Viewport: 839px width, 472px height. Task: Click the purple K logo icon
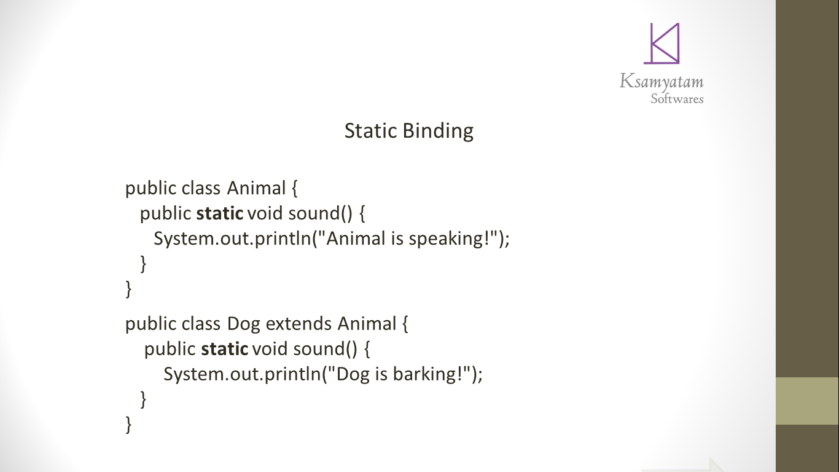(661, 44)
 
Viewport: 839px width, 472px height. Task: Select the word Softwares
(677, 98)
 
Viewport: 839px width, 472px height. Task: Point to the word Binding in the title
(438, 132)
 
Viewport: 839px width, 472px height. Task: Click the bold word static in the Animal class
(220, 213)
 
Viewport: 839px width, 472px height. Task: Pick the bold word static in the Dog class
(225, 349)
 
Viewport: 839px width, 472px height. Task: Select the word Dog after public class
(243, 324)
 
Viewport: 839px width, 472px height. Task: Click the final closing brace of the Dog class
(128, 425)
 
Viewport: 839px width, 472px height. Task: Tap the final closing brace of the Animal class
(128, 289)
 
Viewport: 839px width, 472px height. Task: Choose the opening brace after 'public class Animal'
(294, 188)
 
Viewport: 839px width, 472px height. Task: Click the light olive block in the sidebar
(807, 401)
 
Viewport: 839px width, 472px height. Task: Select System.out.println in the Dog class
(243, 374)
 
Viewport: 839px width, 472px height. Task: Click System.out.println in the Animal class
(233, 239)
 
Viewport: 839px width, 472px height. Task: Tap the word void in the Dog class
(270, 349)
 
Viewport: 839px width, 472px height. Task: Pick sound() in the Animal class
(320, 213)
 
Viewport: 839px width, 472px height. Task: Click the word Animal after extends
(367, 323)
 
